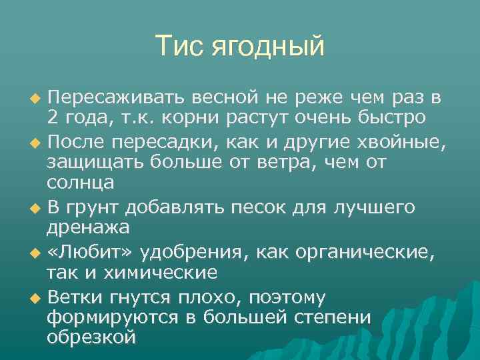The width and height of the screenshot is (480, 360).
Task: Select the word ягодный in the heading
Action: coord(268,48)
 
